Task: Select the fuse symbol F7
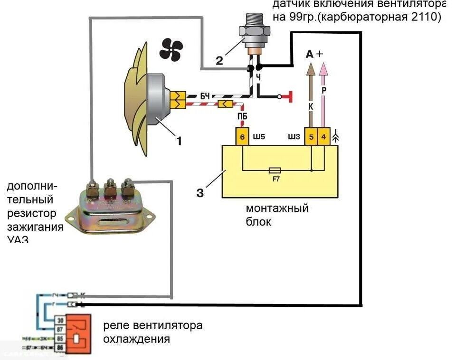[x=275, y=170]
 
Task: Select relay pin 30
[x=60, y=321]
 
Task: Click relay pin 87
[x=60, y=329]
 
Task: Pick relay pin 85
[x=60, y=339]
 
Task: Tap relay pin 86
[x=60, y=348]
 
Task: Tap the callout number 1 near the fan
[x=179, y=140]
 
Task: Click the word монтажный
[x=277, y=208]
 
